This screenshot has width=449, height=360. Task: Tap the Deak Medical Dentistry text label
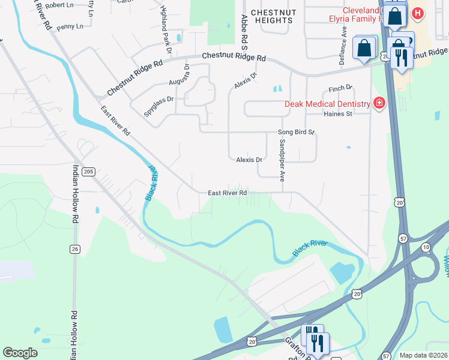tap(327, 103)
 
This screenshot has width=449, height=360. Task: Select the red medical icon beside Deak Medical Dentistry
tap(379, 103)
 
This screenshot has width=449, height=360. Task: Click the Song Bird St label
tap(296, 132)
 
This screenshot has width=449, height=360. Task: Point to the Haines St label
tap(337, 114)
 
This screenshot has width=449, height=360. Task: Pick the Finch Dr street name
tap(340, 89)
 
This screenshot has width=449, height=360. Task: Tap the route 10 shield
tap(426, 247)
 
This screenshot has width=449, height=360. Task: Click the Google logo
tap(20, 353)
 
